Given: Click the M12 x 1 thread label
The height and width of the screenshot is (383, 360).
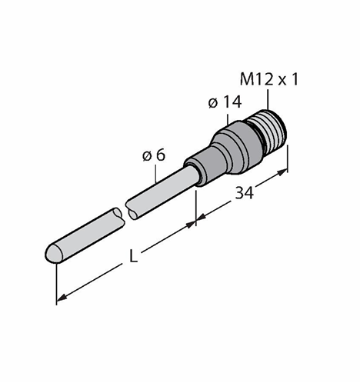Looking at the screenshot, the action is coord(269,79).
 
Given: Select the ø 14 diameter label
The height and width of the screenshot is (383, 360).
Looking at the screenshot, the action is coord(225,102).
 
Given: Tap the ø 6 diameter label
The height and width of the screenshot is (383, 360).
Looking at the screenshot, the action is coord(154,155).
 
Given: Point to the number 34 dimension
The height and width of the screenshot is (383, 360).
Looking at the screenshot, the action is coord(245,193).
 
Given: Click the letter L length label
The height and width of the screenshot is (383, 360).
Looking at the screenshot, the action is coord(133,256).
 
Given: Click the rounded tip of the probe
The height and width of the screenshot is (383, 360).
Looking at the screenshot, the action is coord(52,253).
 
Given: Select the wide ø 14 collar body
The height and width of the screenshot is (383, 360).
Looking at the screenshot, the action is coord(232,148).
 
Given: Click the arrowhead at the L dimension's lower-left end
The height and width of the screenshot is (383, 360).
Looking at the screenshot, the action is coord(62,298).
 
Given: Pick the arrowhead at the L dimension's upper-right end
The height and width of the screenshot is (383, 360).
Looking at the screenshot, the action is coord(190,225).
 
